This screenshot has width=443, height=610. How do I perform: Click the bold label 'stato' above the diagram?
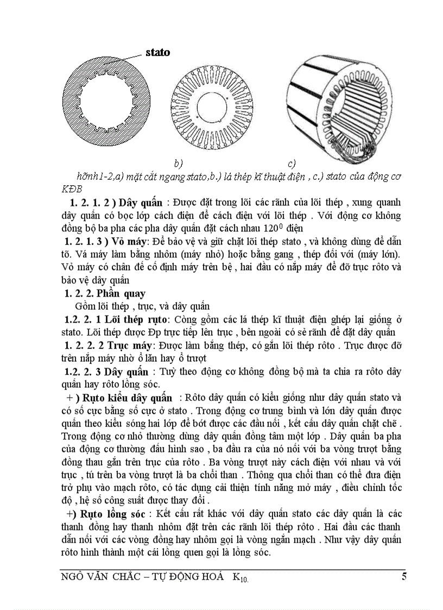pos(157,53)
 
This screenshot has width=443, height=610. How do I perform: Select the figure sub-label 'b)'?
pos(178,163)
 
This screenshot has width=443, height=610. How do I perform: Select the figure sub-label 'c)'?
pos(292,163)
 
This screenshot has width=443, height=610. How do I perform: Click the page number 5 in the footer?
pos(404,577)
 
